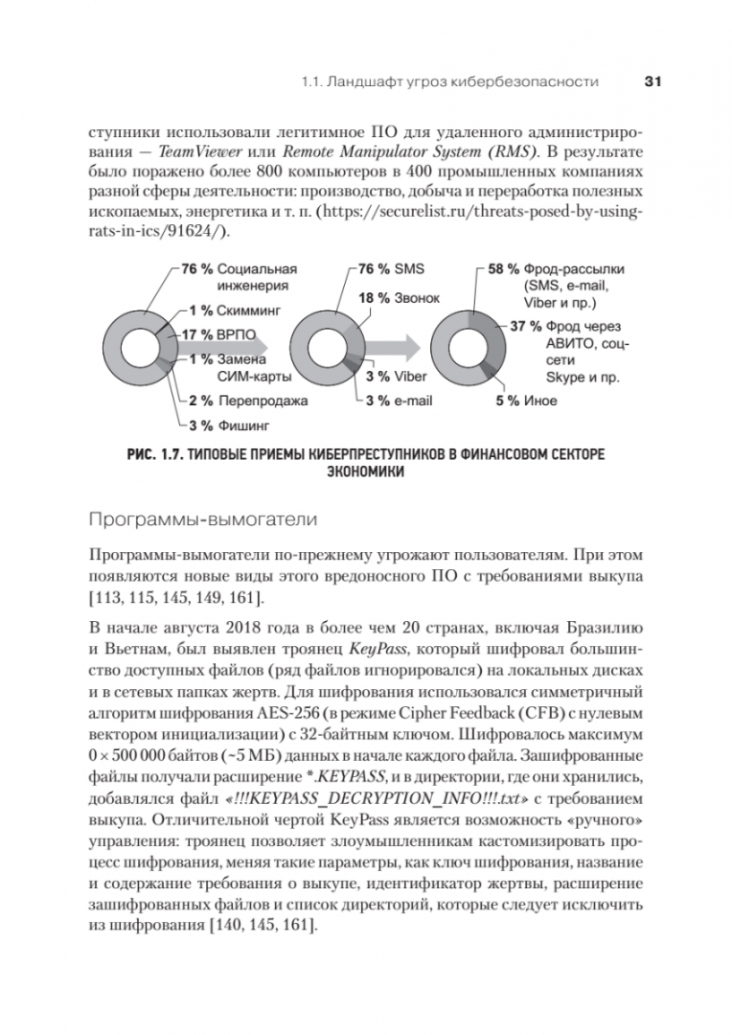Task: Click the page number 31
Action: pos(652,82)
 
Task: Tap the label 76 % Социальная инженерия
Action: pos(240,277)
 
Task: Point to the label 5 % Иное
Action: pos(526,400)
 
